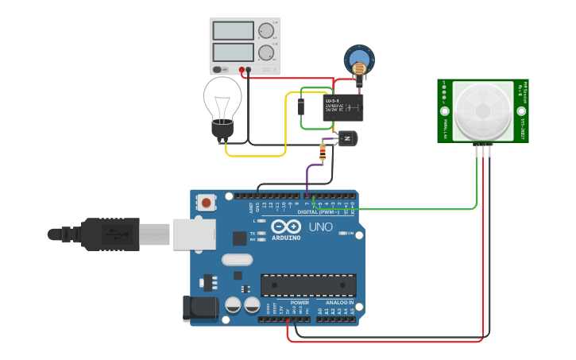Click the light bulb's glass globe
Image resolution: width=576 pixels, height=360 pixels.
click(x=224, y=99)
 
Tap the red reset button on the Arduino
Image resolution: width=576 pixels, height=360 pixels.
click(x=207, y=203)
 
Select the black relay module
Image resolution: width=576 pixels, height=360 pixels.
click(x=343, y=107)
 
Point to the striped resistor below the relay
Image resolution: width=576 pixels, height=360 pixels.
click(x=322, y=151)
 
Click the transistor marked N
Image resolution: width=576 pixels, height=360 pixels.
click(x=347, y=140)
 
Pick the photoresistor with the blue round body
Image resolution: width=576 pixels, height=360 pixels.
click(x=358, y=60)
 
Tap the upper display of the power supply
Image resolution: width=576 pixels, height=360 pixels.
click(x=234, y=31)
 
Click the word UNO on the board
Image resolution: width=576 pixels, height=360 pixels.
click(x=320, y=227)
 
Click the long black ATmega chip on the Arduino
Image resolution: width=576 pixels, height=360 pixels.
click(x=308, y=285)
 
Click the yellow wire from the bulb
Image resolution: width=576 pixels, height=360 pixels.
click(x=254, y=155)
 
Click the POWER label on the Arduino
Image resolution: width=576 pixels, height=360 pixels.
click(x=300, y=303)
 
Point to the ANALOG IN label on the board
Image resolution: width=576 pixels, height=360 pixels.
click(x=339, y=303)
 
